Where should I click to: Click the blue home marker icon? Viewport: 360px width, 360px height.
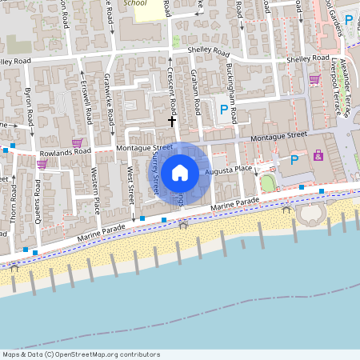(x=180, y=172)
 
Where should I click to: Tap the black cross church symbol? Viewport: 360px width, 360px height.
(x=171, y=122)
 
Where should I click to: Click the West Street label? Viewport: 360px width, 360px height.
(x=129, y=183)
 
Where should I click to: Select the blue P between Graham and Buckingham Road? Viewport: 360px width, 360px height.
(x=223, y=110)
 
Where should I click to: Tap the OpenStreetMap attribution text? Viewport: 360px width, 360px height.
(x=81, y=354)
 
